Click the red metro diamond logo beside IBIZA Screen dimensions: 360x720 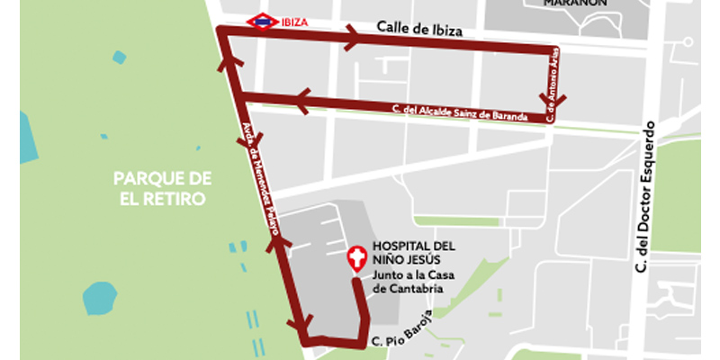point(262,22)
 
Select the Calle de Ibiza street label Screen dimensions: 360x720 point(419,30)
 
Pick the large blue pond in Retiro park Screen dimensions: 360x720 point(101,297)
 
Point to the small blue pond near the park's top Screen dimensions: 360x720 point(119,57)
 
